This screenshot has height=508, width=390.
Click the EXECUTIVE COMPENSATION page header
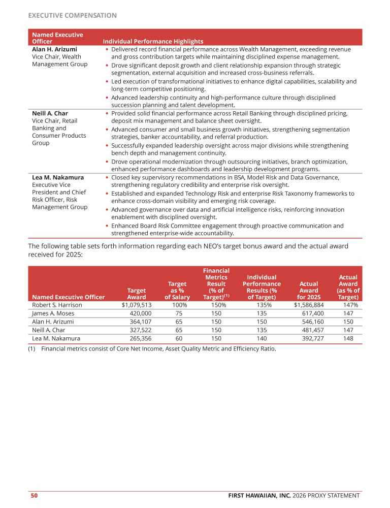click(72, 15)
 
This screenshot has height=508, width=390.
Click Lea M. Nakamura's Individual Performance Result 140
click(262, 338)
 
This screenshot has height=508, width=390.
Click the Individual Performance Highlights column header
click(153, 41)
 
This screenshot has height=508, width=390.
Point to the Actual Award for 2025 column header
click(309, 290)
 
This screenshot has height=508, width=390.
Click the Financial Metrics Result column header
click(216, 284)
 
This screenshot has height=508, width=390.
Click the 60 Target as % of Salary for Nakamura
click(178, 338)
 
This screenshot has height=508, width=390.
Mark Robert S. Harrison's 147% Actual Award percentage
click(351, 305)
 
